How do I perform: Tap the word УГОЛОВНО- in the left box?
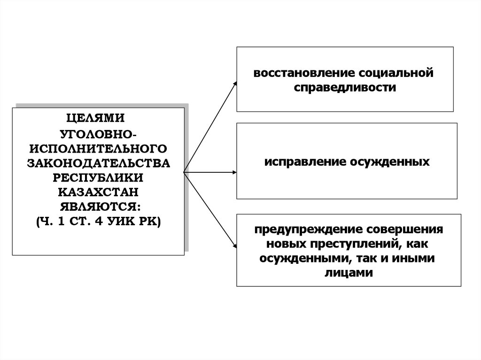click(98, 134)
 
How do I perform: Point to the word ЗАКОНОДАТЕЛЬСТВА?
click(98, 163)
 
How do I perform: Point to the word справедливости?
click(345, 87)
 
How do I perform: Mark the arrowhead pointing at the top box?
click(235, 83)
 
